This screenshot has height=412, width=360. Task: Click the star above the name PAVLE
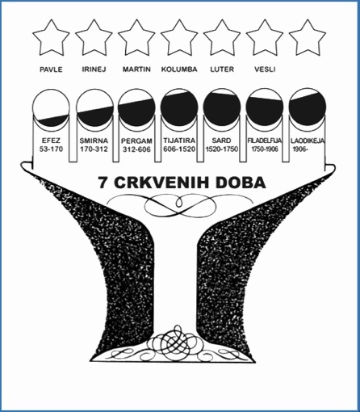tap(51, 39)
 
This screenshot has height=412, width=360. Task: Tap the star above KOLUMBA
tap(179, 39)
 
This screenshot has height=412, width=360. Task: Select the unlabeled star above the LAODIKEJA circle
tap(308, 39)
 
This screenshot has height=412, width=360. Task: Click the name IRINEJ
tap(94, 69)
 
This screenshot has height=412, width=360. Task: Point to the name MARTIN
tap(136, 69)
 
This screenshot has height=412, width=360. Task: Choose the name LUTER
tap(222, 69)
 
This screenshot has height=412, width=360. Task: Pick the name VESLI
tap(265, 69)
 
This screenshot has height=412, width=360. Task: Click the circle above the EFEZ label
tap(51, 107)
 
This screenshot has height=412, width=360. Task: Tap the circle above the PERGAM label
tap(136, 107)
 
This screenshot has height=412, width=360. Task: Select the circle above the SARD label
tap(222, 107)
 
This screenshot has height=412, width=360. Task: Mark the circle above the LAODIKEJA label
tap(308, 107)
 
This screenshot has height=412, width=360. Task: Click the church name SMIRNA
tap(94, 141)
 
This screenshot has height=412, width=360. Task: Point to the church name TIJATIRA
tap(179, 141)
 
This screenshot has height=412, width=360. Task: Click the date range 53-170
tap(51, 149)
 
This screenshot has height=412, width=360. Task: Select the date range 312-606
tap(136, 149)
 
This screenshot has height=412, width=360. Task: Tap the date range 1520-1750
tap(222, 149)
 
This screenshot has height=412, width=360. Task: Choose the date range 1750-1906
tap(265, 149)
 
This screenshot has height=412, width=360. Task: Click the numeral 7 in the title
tap(103, 183)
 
